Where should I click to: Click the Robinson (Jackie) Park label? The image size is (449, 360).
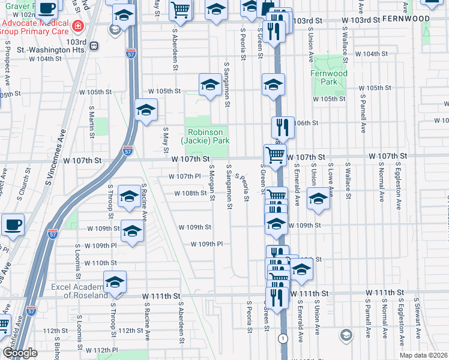pyautogui.click(x=206, y=136)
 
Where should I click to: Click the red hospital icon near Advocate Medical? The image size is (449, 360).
pyautogui.click(x=77, y=26)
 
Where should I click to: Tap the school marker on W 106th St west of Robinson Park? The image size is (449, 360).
pyautogui.click(x=145, y=110)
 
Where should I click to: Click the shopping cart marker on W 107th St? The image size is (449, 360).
pyautogui.click(x=275, y=156)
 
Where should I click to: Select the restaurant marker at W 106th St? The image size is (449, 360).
pyautogui.click(x=283, y=127)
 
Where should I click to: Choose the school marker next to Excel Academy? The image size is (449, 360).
pyautogui.click(x=115, y=282)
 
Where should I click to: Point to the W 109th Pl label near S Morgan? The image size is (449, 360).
pyautogui.click(x=206, y=244)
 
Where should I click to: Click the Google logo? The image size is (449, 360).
pyautogui.click(x=20, y=353)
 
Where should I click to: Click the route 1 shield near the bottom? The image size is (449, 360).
pyautogui.click(x=282, y=339)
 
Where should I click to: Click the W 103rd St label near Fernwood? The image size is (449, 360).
pyautogui.click(x=361, y=20)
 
